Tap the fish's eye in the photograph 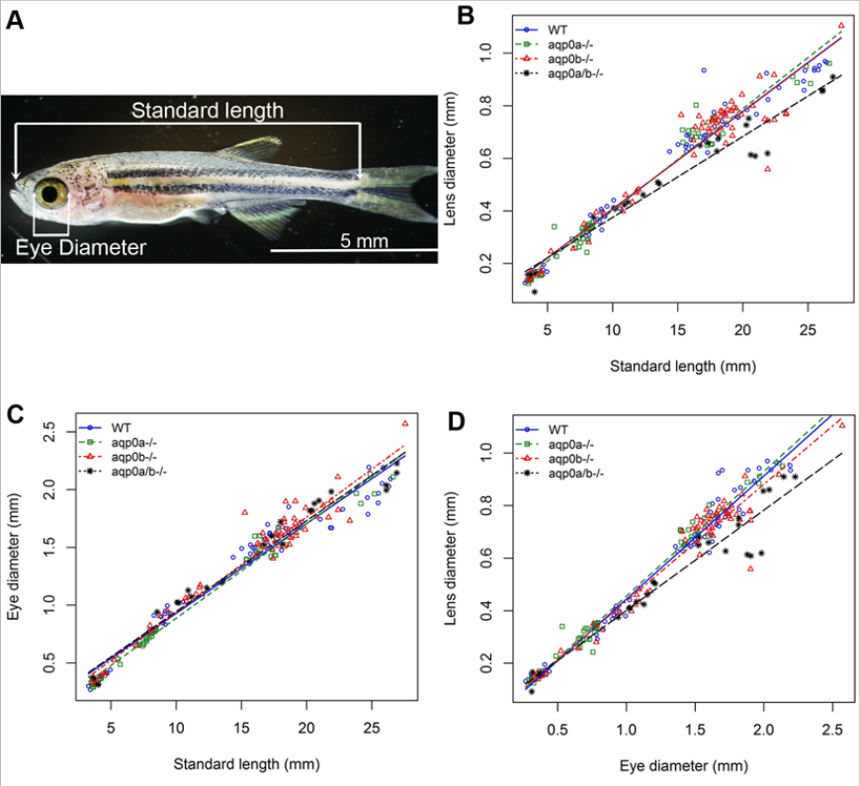50,190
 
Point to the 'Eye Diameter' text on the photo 80,247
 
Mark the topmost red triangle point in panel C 404,423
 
